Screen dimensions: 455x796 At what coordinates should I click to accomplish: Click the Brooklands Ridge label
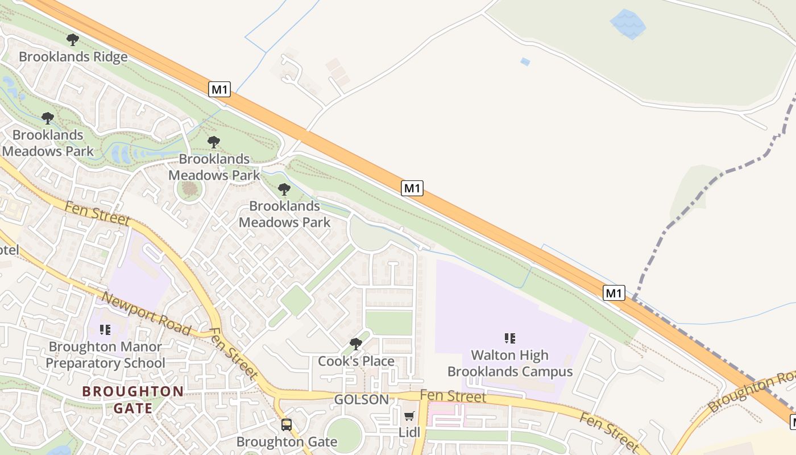[73, 57]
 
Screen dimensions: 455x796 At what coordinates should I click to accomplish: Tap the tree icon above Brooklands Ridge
[72, 40]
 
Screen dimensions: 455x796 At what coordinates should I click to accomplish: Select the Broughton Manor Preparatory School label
[105, 355]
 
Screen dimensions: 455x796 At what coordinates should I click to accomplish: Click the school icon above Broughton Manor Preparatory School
[105, 329]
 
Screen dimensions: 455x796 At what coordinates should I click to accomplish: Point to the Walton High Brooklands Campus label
[510, 363]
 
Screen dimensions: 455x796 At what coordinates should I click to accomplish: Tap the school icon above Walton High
[510, 338]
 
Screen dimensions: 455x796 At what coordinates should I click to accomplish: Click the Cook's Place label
[356, 361]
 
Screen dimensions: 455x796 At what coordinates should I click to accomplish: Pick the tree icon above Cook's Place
[356, 344]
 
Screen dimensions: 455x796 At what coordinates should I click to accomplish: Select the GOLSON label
[362, 399]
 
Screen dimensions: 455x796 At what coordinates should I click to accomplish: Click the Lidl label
[409, 432]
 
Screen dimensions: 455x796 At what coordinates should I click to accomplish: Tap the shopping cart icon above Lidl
[409, 416]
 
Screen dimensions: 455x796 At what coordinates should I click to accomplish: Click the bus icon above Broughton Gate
[287, 425]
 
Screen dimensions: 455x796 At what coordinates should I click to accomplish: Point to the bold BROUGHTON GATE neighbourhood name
[133, 400]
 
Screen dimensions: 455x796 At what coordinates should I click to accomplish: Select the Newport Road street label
[146, 314]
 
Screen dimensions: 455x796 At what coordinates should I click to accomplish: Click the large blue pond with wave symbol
[628, 24]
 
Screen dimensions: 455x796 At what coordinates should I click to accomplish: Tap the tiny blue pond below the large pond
[525, 61]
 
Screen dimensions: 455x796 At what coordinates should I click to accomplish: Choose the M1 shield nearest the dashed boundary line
[614, 293]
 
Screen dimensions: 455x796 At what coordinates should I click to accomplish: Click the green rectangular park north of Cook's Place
[389, 323]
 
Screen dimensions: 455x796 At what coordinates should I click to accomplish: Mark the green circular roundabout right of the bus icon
[344, 435]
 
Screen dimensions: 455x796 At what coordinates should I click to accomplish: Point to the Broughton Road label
[753, 391]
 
